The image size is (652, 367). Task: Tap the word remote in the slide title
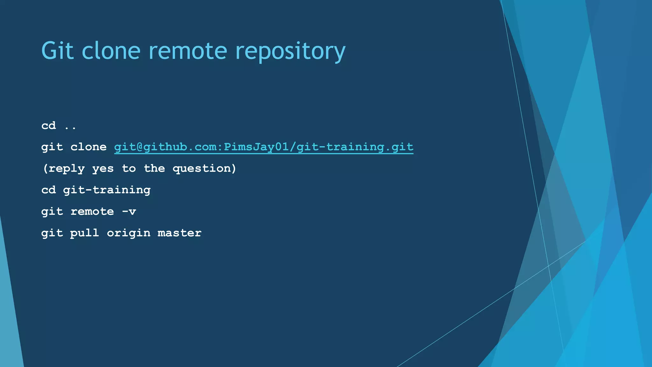tap(188, 51)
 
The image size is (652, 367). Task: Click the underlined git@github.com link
tap(264, 147)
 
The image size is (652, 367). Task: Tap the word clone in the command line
tap(89, 147)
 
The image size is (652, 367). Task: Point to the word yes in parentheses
tap(103, 169)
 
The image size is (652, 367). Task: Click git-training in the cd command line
tap(107, 190)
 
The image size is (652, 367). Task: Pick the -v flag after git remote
tap(129, 212)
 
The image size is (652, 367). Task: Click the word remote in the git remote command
tap(92, 212)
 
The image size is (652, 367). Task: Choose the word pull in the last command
tap(85, 233)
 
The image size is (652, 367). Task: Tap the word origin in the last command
tap(129, 233)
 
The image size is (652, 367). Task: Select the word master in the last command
tap(180, 233)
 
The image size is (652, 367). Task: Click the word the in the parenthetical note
tap(154, 168)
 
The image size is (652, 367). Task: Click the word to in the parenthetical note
tap(129, 169)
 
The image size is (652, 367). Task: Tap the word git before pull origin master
tap(52, 233)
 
